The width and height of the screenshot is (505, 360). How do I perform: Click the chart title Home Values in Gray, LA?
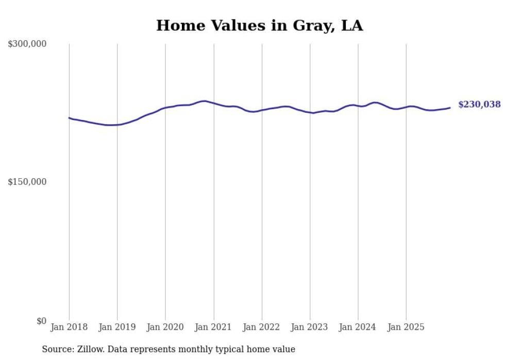259,25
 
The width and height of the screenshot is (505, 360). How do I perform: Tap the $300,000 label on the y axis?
27,44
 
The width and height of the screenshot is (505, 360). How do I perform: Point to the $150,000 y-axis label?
27,182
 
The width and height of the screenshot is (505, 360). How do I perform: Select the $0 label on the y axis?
41,321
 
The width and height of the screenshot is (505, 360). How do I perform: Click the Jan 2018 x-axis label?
69,327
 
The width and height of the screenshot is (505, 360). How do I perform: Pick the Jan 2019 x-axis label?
117,327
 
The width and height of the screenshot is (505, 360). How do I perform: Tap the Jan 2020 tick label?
165,327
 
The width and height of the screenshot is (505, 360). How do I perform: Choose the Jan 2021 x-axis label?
213,327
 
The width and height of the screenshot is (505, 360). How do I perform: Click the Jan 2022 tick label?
262,327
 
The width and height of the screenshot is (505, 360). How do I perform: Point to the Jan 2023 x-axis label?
310,327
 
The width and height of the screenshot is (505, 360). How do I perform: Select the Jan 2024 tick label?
358,327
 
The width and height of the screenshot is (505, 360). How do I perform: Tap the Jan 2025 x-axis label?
406,327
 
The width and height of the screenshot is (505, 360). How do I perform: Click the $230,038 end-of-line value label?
479,105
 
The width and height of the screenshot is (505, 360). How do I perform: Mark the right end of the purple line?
450,108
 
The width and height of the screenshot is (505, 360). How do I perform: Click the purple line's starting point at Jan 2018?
69,117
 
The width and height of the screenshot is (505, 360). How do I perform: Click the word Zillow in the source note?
90,349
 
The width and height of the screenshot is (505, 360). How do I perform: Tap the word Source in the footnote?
57,349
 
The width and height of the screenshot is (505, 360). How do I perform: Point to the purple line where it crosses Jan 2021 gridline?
213,103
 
